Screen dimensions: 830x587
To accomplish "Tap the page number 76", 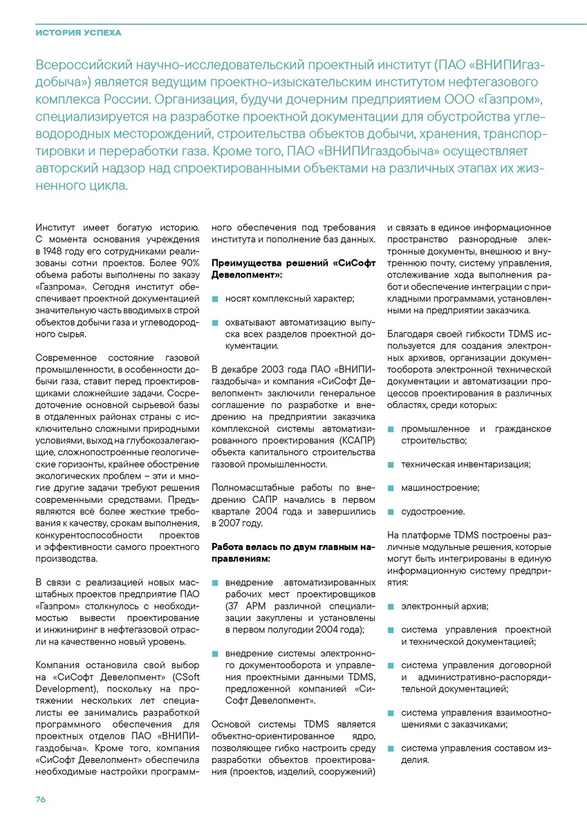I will coord(41,799).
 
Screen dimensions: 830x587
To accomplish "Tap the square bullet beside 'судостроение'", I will coord(391,512).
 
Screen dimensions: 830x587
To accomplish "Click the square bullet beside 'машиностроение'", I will coord(391,488).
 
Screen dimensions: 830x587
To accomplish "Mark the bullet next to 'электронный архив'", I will coord(391,607).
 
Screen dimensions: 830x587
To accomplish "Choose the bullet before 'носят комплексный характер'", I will coord(215,299).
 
